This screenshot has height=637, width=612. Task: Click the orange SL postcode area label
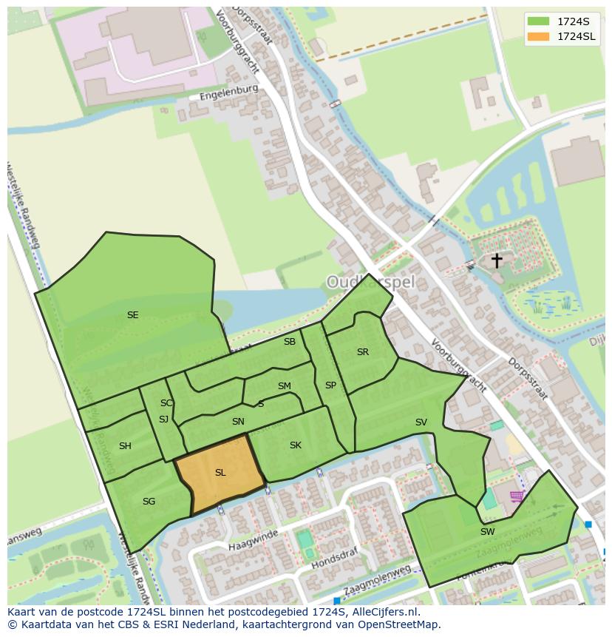(220, 473)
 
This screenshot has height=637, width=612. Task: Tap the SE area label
(132, 315)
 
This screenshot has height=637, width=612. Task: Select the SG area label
(149, 502)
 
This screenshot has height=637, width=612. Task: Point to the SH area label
(125, 446)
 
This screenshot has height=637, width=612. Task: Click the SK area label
(296, 445)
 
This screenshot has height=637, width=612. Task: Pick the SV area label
(421, 422)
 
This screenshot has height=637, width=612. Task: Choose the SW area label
(487, 532)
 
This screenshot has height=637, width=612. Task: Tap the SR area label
(362, 352)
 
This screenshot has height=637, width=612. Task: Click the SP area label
(330, 385)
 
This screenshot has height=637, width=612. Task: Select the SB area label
(290, 342)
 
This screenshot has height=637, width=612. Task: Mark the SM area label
(284, 386)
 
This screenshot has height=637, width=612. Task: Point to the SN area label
(238, 422)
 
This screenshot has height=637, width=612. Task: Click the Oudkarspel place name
(371, 282)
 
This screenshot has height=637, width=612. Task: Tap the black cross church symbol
(497, 260)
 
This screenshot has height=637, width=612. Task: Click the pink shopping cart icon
(517, 496)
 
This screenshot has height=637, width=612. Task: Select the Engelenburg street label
(228, 92)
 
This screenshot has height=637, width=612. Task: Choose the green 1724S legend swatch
(539, 21)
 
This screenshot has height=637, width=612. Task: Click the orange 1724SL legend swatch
(539, 36)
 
